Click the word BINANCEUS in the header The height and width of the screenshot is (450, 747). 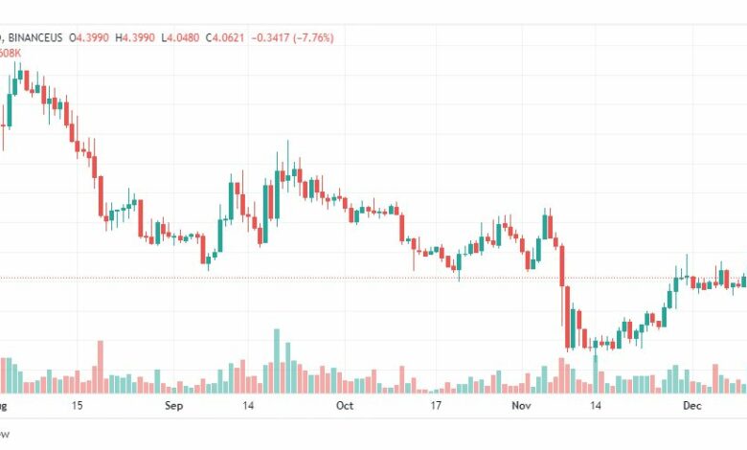point(35,37)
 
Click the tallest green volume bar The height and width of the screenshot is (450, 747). point(277,362)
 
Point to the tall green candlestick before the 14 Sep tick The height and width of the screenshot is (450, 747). point(232,202)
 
